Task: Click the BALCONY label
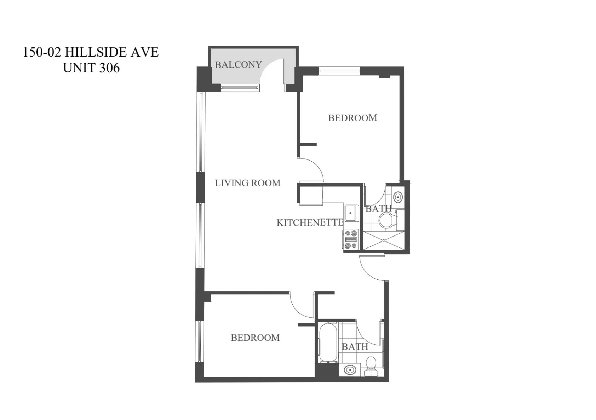click(238, 65)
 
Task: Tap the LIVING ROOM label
click(247, 183)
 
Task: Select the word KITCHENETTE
click(310, 223)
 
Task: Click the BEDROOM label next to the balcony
click(353, 118)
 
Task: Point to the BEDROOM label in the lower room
click(255, 338)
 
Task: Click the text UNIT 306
click(91, 68)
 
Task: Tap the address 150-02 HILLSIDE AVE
click(91, 52)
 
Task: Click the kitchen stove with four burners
click(351, 239)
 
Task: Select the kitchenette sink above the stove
click(351, 213)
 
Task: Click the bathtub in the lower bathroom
click(327, 342)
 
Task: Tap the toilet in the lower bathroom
click(371, 366)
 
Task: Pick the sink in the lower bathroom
click(350, 370)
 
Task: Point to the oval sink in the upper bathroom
click(398, 197)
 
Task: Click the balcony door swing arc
click(271, 72)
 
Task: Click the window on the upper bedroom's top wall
click(339, 71)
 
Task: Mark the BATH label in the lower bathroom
click(355, 347)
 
